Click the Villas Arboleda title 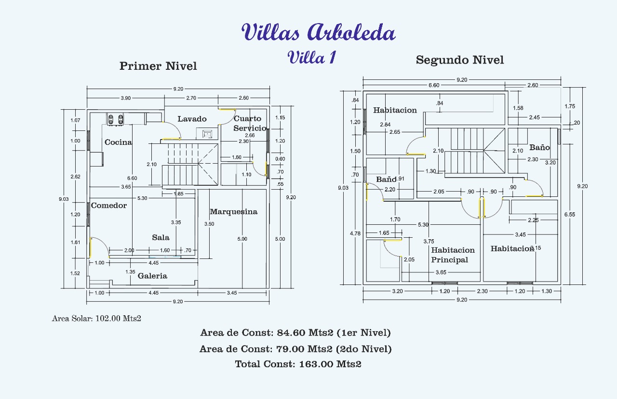tap(319, 32)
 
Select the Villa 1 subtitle tap(311, 57)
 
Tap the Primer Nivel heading tap(158, 66)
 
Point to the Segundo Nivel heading tap(460, 60)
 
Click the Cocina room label tap(118, 142)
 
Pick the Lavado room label tap(192, 119)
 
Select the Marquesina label tap(234, 212)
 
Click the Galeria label tap(152, 276)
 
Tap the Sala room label tap(161, 237)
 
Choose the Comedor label tap(109, 206)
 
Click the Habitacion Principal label tap(453, 255)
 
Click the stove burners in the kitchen tap(115, 119)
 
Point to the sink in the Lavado tap(207, 134)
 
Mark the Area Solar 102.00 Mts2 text tap(96, 319)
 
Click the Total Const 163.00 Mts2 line tap(298, 364)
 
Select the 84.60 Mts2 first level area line tap(295, 333)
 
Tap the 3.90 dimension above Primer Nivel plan tap(126, 98)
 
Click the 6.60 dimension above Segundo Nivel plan tap(434, 85)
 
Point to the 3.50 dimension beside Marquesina tap(209, 224)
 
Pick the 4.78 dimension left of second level tap(355, 233)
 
